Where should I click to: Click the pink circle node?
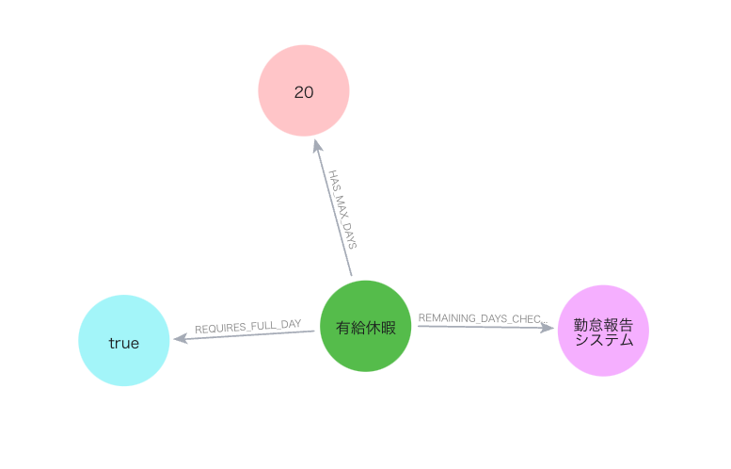coord(304,90)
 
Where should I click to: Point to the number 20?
coord(304,92)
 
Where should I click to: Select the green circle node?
coord(365,326)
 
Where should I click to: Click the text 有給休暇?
coord(365,328)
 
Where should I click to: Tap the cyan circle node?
coord(124,340)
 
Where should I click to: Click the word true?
coord(124,344)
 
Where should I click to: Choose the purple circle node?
coord(603,331)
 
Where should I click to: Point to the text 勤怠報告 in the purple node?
coord(603,324)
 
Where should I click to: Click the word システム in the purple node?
coord(604,339)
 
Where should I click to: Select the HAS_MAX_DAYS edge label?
coord(342,209)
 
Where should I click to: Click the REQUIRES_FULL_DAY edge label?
coord(248,327)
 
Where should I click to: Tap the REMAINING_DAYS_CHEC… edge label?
coord(483,318)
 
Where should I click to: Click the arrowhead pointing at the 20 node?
coord(317,146)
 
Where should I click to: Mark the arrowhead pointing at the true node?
coord(180,338)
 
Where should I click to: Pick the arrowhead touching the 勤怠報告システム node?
coord(547,328)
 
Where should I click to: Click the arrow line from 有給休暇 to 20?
coord(333,208)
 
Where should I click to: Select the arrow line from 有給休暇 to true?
coord(244,334)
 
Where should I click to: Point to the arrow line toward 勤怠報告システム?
coord(485,327)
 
